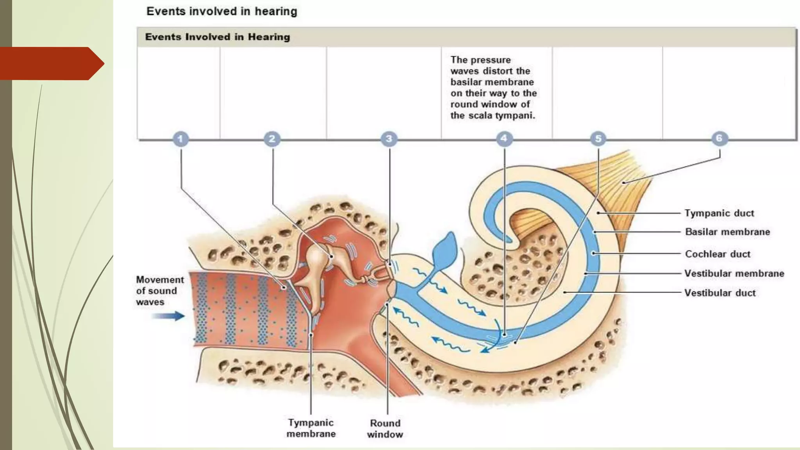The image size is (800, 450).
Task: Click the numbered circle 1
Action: (x=180, y=139)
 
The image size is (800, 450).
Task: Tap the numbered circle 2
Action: (x=272, y=139)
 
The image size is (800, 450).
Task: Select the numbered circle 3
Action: (x=389, y=139)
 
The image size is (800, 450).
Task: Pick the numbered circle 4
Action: (x=504, y=138)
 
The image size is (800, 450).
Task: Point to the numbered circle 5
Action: (x=598, y=139)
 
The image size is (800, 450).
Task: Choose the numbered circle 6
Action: (x=719, y=138)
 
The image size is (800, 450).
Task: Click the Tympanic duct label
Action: (x=719, y=213)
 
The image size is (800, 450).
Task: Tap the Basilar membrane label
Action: (x=727, y=232)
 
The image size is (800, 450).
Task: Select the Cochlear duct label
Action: (x=718, y=254)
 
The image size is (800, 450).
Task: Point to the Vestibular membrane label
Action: (x=734, y=273)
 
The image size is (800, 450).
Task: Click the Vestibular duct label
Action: (x=720, y=293)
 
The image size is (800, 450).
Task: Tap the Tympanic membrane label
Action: (x=311, y=428)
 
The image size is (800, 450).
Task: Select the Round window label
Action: (x=385, y=429)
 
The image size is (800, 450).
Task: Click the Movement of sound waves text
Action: (x=159, y=291)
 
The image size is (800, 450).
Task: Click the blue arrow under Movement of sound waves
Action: (x=168, y=316)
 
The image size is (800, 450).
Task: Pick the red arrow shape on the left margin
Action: (x=51, y=63)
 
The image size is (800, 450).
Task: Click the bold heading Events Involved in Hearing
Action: (x=218, y=37)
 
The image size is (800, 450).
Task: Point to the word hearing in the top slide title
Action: (x=276, y=11)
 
